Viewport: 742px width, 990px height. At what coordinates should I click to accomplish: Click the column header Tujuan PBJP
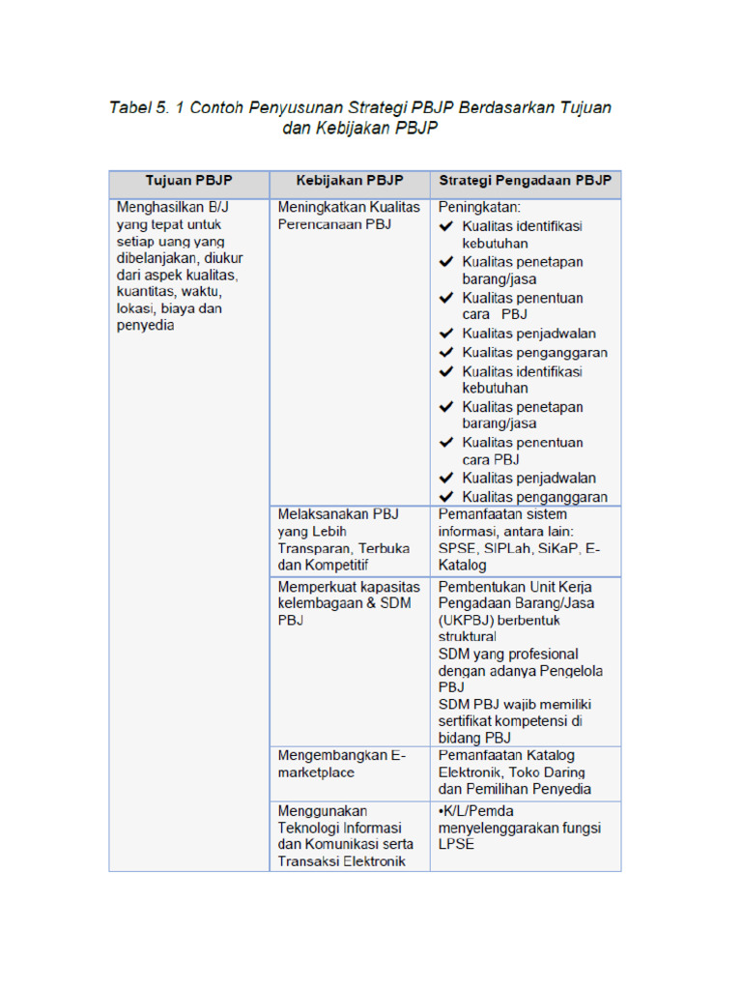tap(188, 182)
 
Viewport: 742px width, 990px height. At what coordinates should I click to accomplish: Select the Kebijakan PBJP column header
tap(350, 182)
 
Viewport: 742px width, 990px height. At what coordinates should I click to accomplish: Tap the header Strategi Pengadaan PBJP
tap(526, 182)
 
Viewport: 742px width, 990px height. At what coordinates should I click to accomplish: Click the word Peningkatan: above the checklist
tap(479, 207)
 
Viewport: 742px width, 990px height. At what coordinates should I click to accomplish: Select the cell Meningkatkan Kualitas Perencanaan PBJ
tap(349, 216)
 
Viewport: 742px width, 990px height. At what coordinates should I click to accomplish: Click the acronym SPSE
tap(458, 548)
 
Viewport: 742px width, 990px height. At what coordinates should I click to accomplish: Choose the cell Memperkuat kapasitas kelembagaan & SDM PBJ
tap(349, 603)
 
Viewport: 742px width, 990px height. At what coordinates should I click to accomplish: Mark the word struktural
tap(468, 637)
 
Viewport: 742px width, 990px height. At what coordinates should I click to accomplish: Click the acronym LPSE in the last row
tap(457, 845)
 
